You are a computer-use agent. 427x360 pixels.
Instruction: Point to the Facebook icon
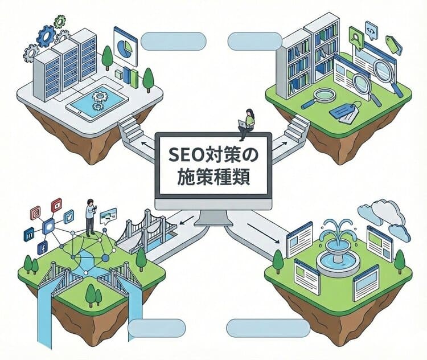coord(42,248)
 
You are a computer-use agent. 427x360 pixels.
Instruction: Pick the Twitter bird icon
coord(69,216)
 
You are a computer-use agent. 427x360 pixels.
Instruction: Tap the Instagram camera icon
coord(35,212)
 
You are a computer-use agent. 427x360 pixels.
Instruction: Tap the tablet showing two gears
coord(96,103)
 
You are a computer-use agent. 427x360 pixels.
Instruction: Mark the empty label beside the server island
coord(173,41)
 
